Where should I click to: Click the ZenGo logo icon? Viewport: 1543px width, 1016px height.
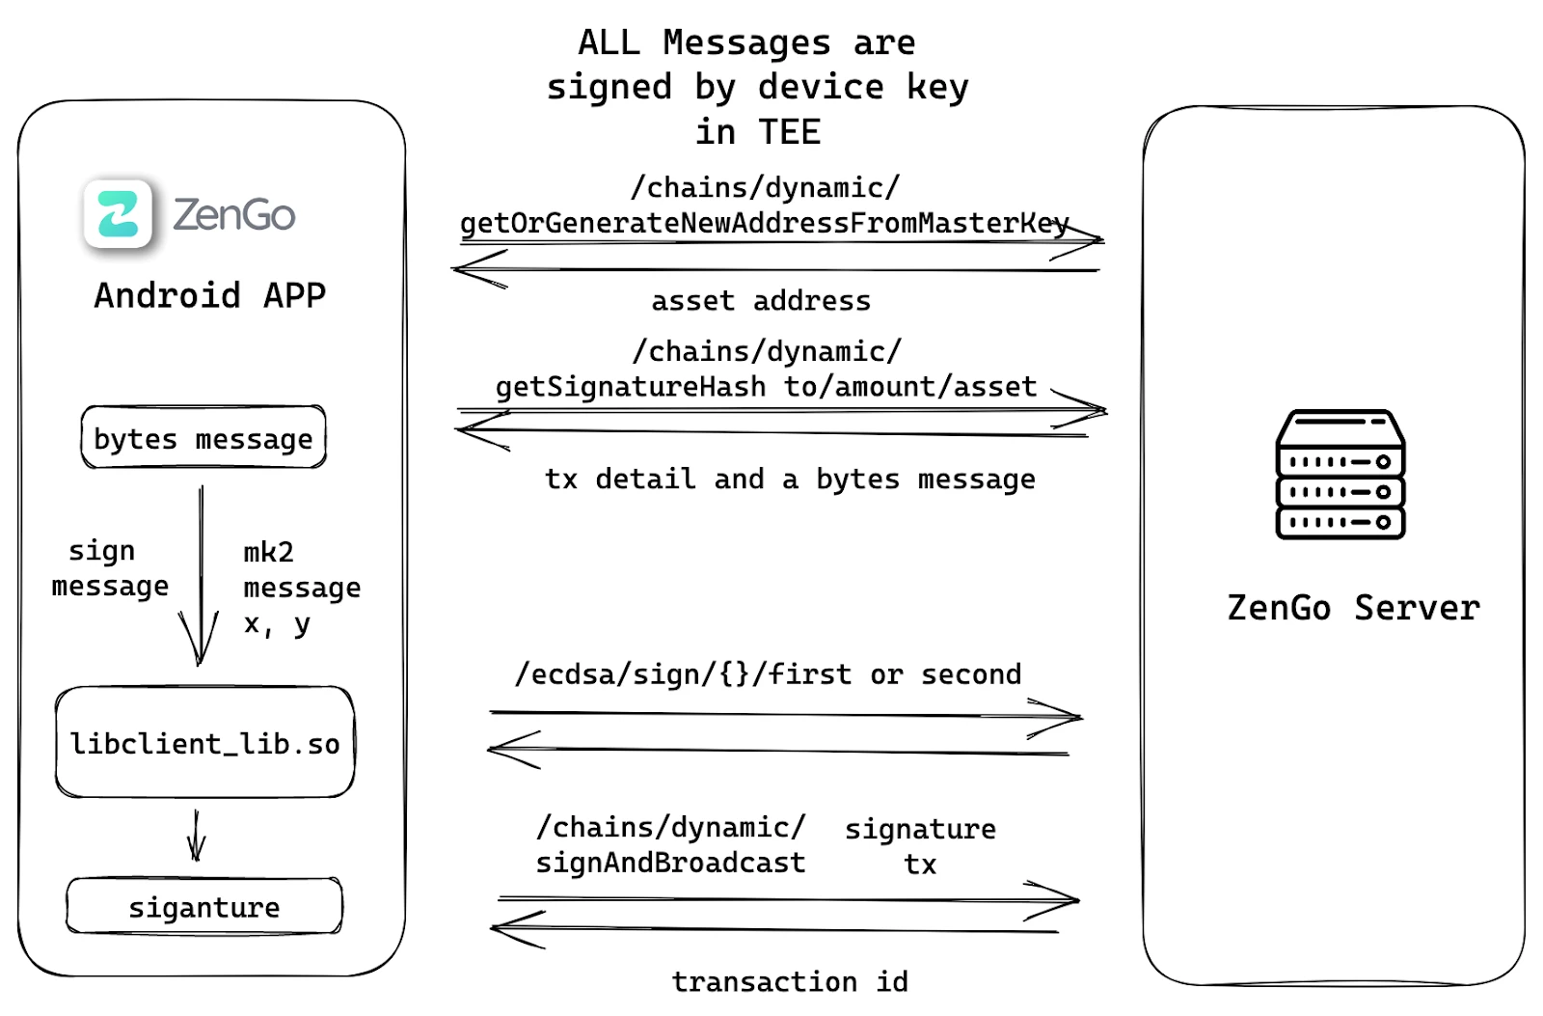pos(118,213)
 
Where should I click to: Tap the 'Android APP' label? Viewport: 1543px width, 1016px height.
pos(210,295)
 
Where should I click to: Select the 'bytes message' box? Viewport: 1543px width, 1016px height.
pos(203,438)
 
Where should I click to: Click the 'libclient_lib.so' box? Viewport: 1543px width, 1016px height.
pos(204,743)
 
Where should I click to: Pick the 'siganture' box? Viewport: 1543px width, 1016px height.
pos(204,907)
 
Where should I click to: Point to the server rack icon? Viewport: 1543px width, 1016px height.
pos(1340,474)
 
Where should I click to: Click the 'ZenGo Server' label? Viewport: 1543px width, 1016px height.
pos(1353,608)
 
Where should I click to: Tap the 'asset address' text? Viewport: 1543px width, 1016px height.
pos(761,301)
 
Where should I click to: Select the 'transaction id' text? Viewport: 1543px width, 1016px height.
pos(790,981)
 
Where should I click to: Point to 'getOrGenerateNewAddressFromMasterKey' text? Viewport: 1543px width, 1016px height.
pos(764,223)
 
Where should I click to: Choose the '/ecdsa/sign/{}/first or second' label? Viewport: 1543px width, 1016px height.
pos(768,673)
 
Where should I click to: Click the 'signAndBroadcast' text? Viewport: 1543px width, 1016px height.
pos(670,862)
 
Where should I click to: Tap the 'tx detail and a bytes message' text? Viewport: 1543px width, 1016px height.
pos(790,479)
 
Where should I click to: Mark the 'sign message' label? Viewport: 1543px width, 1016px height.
pos(109,568)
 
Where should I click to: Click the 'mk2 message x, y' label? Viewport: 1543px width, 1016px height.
pos(301,588)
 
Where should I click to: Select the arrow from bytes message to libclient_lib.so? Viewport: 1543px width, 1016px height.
pos(201,579)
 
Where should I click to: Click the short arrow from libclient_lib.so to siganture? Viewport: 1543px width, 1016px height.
pos(197,836)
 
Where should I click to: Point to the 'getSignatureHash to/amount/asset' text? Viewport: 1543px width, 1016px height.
pos(766,387)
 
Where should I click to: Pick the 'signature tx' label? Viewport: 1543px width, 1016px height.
pos(920,846)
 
